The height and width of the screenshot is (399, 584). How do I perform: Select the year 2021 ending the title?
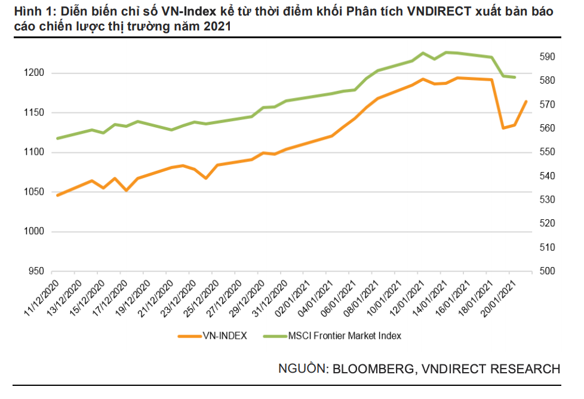click(x=218, y=27)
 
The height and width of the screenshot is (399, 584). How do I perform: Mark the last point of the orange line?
click(x=526, y=102)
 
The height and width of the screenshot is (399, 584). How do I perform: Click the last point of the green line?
click(x=515, y=78)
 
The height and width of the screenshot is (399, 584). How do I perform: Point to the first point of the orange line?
click(x=57, y=195)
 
